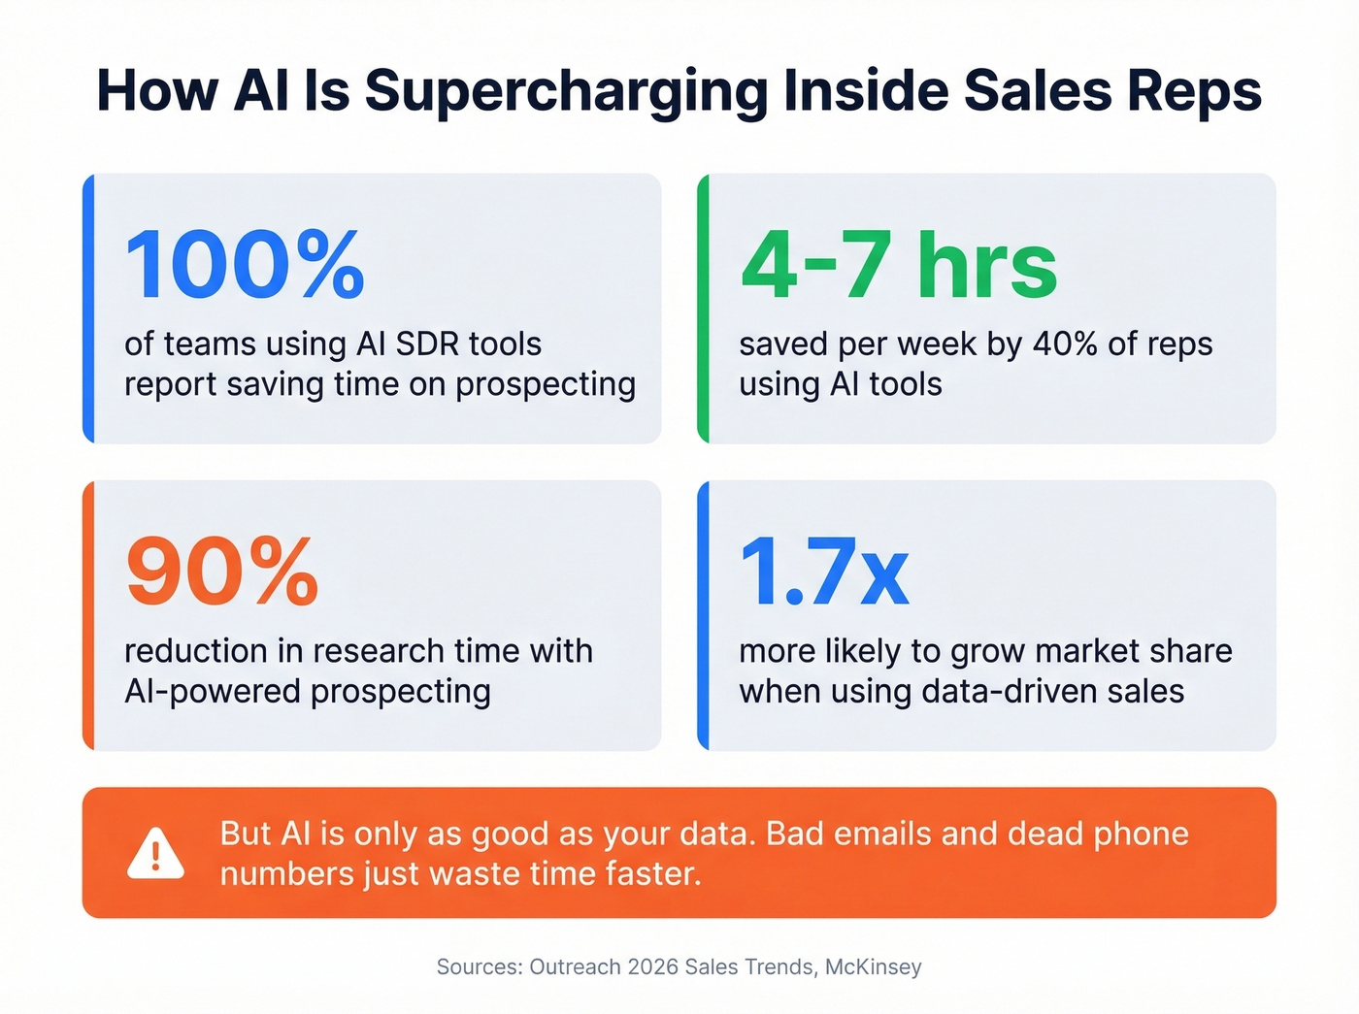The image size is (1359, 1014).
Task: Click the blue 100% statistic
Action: pyautogui.click(x=245, y=265)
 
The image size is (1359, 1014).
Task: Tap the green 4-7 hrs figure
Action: pyautogui.click(x=898, y=265)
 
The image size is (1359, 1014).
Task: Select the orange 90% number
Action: pyautogui.click(x=222, y=572)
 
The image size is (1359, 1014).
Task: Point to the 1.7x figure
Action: pyautogui.click(x=824, y=572)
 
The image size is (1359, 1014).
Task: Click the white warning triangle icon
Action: pyautogui.click(x=155, y=854)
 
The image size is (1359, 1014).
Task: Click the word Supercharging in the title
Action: pyautogui.click(x=566, y=91)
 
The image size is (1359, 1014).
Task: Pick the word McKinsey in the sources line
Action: pyautogui.click(x=873, y=966)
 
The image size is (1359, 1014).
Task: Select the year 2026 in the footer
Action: pyautogui.click(x=652, y=966)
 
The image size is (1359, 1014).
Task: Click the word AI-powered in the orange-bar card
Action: pyautogui.click(x=213, y=692)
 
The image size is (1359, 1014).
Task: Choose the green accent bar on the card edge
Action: pyautogui.click(x=704, y=309)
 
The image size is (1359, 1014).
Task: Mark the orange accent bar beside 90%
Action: pyautogui.click(x=88, y=615)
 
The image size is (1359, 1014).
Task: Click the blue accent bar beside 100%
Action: pyautogui.click(x=88, y=309)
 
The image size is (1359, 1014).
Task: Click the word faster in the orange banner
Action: pyautogui.click(x=651, y=873)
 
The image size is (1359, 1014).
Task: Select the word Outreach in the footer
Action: pyautogui.click(x=575, y=966)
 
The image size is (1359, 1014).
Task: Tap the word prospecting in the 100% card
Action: pyautogui.click(x=546, y=385)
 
